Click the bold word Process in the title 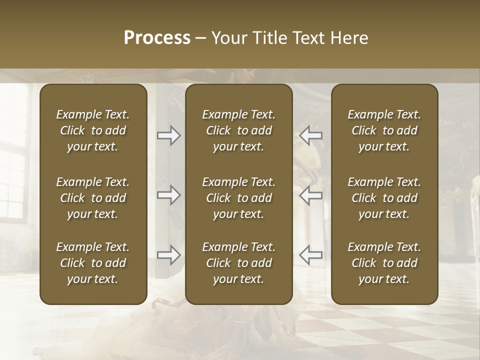click(x=157, y=38)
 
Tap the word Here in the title click(x=351, y=38)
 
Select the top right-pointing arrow click(x=169, y=135)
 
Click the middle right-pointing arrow click(x=169, y=195)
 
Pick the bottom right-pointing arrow click(x=169, y=255)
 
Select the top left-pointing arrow click(x=311, y=135)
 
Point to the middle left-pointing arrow click(x=311, y=195)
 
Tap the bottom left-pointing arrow click(x=311, y=255)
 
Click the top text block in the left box click(x=93, y=130)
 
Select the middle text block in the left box click(x=93, y=198)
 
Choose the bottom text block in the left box click(x=93, y=263)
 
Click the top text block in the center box click(x=239, y=130)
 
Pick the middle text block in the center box click(x=239, y=198)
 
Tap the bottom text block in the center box click(x=239, y=263)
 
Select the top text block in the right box click(x=384, y=130)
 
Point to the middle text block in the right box click(x=384, y=198)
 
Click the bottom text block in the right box click(x=384, y=263)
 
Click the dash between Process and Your click(x=201, y=38)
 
